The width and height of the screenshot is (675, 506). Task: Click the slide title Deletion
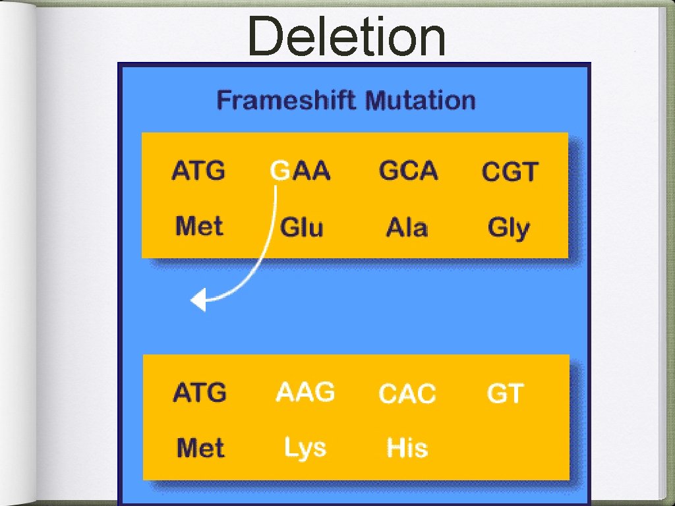(x=347, y=38)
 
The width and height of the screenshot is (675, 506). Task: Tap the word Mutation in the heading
(x=420, y=101)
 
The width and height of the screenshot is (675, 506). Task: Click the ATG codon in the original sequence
(x=198, y=171)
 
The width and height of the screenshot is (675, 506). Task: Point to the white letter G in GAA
(x=279, y=171)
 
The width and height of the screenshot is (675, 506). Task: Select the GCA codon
(x=408, y=171)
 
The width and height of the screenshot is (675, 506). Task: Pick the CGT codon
(x=510, y=173)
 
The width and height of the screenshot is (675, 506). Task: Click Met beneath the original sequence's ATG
(x=199, y=227)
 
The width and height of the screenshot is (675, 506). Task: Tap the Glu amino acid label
(x=301, y=228)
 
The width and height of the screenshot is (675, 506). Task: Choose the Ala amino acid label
(x=407, y=228)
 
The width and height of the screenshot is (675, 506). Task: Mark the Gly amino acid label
(x=508, y=229)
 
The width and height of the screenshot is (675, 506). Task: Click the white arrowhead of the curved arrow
(x=198, y=301)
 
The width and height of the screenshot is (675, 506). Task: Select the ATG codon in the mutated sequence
(x=199, y=393)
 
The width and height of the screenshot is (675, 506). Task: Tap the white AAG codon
(x=305, y=393)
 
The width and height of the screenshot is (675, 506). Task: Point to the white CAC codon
(x=407, y=394)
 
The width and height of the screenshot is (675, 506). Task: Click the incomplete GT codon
(x=504, y=394)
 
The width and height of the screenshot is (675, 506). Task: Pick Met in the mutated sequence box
(x=200, y=449)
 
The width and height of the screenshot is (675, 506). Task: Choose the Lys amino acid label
(x=305, y=448)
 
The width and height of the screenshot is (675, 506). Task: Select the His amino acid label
(x=407, y=448)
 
